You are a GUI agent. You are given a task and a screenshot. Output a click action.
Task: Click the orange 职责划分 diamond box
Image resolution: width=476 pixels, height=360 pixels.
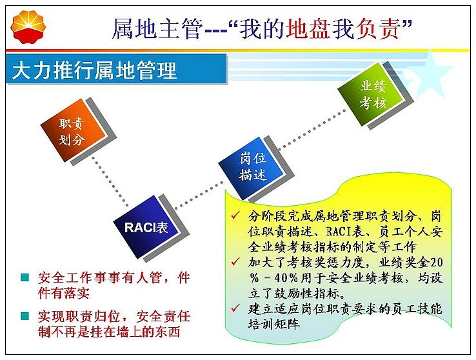coord(74,130)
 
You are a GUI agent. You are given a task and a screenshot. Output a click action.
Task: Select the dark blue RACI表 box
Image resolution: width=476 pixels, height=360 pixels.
coord(146,226)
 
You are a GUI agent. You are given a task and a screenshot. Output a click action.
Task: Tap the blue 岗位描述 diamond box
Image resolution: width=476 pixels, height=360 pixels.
coord(252,167)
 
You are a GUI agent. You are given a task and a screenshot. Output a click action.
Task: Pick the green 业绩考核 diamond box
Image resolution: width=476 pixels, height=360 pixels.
coord(372,94)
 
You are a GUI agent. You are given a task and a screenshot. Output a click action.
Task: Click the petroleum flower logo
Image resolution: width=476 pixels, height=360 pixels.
coord(28,26)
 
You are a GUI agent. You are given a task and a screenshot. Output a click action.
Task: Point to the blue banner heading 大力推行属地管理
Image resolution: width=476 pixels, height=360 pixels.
coord(94,70)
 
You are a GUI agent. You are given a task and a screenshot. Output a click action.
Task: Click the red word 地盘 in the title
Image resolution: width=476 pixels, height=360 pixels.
coord(308,28)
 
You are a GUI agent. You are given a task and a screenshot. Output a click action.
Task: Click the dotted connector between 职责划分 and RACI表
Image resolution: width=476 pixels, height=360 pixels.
coord(110,181)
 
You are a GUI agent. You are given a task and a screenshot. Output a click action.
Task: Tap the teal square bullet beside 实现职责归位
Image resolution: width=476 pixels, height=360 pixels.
coord(25,316)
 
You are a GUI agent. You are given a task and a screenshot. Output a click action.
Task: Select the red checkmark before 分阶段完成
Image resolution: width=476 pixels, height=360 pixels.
coord(235,216)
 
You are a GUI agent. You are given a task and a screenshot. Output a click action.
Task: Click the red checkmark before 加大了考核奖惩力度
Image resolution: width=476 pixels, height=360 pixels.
coord(235,262)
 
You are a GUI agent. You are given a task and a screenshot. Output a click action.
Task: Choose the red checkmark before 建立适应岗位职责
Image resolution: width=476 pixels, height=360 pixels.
coord(235,308)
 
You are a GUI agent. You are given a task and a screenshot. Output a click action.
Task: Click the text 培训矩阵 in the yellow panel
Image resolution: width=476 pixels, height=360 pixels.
coord(274,324)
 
